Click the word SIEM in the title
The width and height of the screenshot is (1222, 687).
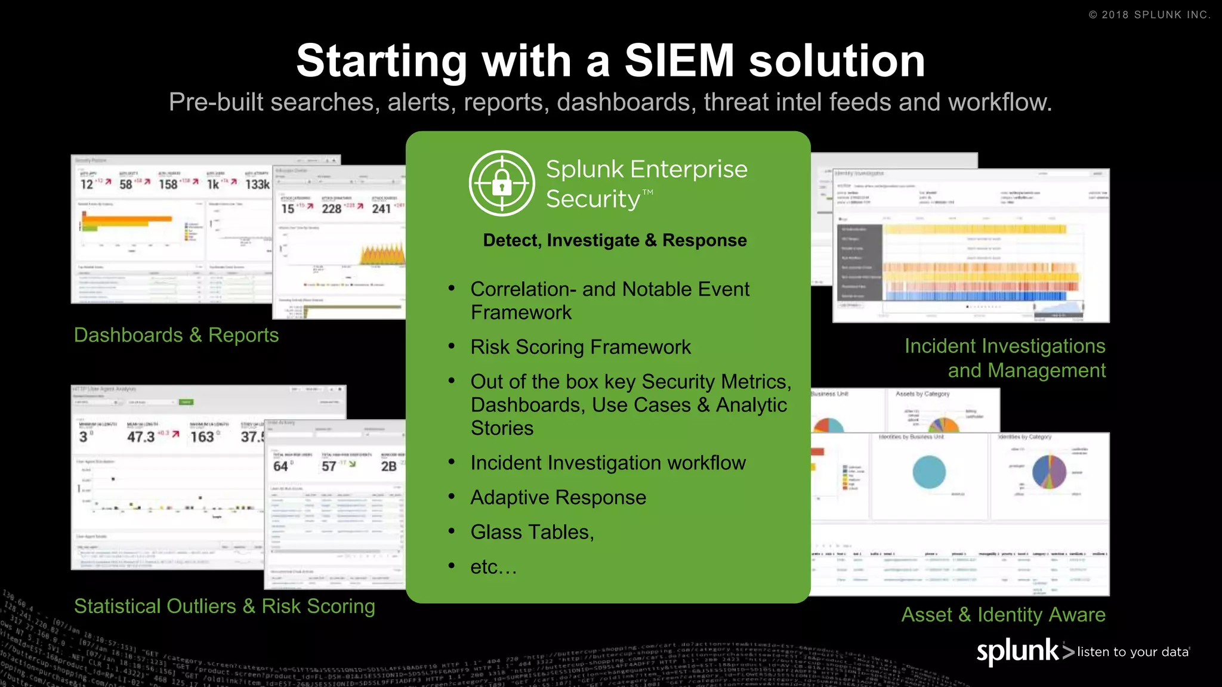tap(679, 61)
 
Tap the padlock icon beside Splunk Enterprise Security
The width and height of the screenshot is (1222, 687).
tap(502, 183)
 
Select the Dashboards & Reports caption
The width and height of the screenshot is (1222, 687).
tap(176, 335)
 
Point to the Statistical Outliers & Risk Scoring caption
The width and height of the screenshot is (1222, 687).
tap(224, 606)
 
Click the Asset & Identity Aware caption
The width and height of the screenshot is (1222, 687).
tap(1003, 615)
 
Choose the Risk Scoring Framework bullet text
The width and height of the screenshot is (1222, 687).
tap(580, 347)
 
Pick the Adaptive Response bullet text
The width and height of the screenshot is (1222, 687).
tap(558, 497)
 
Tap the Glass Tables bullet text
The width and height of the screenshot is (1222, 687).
tap(532, 532)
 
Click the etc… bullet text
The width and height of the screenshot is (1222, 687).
tap(493, 567)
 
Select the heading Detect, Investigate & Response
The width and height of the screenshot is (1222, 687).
tap(615, 240)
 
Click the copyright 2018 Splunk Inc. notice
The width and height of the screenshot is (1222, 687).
tap(1149, 15)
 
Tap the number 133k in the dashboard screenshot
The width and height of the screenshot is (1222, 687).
tap(258, 185)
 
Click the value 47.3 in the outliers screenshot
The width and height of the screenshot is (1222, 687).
tap(141, 437)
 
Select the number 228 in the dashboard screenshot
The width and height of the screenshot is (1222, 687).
tap(331, 209)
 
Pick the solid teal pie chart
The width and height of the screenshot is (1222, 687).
tap(929, 472)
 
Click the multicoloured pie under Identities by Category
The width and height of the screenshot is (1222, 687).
tap(1049, 472)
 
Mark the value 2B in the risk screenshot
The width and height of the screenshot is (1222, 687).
tap(388, 466)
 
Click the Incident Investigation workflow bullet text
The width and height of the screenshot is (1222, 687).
tap(607, 463)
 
